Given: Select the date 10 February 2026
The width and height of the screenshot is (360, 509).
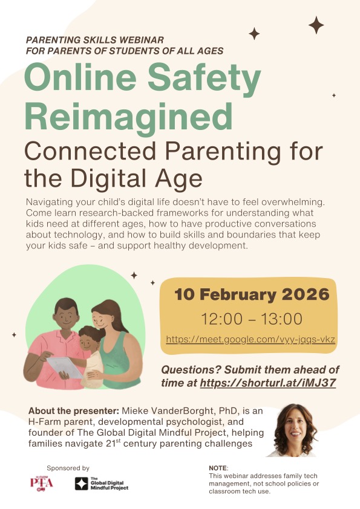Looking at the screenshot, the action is click(x=252, y=294).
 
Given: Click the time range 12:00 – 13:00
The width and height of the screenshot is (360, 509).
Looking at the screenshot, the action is click(x=252, y=319).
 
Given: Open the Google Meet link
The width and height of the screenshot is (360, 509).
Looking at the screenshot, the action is click(x=250, y=340).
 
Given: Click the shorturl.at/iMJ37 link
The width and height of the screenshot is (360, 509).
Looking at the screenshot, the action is click(x=267, y=383).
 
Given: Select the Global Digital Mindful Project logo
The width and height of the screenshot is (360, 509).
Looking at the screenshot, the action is click(x=102, y=484).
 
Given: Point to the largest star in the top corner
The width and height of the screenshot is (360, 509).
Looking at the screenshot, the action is click(x=316, y=25).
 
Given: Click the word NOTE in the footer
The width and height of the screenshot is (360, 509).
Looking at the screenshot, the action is click(x=218, y=468).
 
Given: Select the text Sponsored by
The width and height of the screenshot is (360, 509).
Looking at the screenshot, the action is click(x=68, y=468).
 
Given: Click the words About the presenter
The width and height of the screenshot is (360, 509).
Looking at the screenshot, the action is click(x=74, y=411).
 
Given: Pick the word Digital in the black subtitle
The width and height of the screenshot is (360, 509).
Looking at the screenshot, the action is click(x=108, y=178).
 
